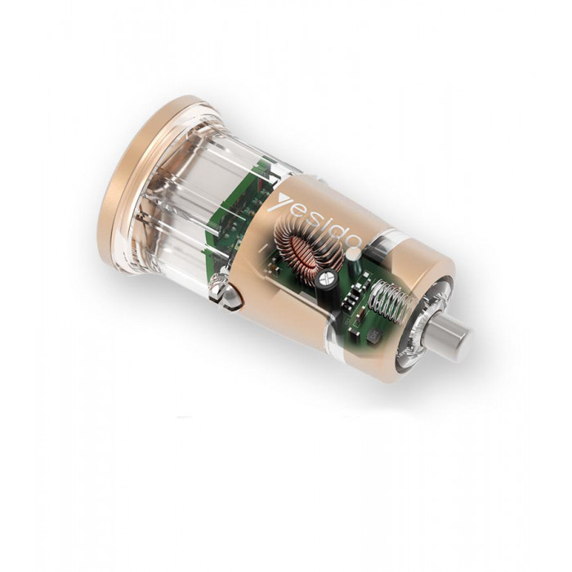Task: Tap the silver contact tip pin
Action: coord(452,333)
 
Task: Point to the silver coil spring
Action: coord(391,296)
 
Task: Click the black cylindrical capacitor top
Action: coord(327,280)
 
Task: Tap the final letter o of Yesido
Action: coord(355,242)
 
